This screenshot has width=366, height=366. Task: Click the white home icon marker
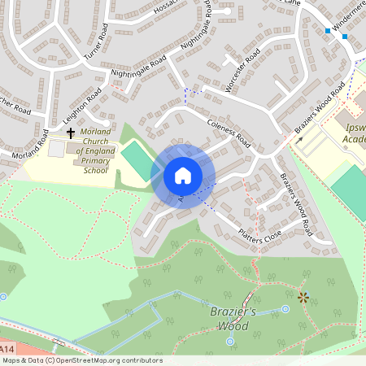click(183, 175)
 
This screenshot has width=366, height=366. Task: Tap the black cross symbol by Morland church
click(71, 132)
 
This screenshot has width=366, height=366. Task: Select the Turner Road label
click(95, 46)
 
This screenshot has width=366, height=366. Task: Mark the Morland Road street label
click(31, 143)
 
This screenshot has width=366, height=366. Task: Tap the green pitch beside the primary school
click(137, 160)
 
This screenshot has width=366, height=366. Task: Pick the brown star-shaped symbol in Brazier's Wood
click(303, 298)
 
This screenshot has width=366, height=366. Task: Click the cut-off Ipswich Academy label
click(354, 133)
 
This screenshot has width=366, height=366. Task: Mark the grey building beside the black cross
click(56, 149)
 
